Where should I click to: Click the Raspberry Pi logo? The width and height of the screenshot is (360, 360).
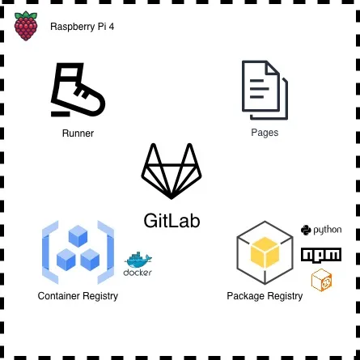tap(26, 26)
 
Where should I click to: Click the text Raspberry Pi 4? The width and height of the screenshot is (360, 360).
tap(82, 27)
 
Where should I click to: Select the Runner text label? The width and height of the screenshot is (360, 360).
tap(78, 133)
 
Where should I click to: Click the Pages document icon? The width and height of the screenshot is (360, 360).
tap(265, 90)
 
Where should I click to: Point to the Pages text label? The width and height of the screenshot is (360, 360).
tap(265, 133)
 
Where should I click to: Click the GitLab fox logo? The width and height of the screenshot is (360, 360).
tap(172, 171)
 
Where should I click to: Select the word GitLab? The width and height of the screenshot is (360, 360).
tap(172, 220)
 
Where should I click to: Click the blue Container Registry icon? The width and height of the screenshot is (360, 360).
tap(78, 252)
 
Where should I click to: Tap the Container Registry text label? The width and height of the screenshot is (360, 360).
tap(78, 296)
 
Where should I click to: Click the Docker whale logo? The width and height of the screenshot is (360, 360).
tap(138, 260)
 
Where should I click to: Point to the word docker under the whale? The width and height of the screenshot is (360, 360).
tap(138, 273)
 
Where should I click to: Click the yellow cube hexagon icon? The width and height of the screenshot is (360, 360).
tap(265, 252)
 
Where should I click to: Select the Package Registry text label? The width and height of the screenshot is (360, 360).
tap(265, 296)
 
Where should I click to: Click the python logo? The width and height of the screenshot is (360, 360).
tap(321, 231)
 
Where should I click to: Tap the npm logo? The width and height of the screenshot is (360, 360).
tap(321, 256)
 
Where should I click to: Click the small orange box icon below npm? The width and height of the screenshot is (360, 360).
tap(321, 280)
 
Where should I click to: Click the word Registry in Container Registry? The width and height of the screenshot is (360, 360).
tap(99, 296)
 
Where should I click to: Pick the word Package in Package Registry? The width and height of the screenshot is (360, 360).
tap(245, 296)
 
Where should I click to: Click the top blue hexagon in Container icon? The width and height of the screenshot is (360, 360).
tap(78, 237)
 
